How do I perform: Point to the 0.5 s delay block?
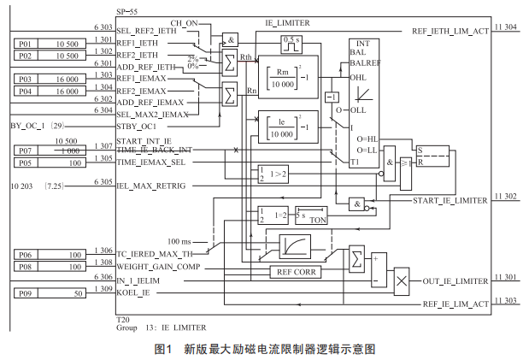pos(291,40)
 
